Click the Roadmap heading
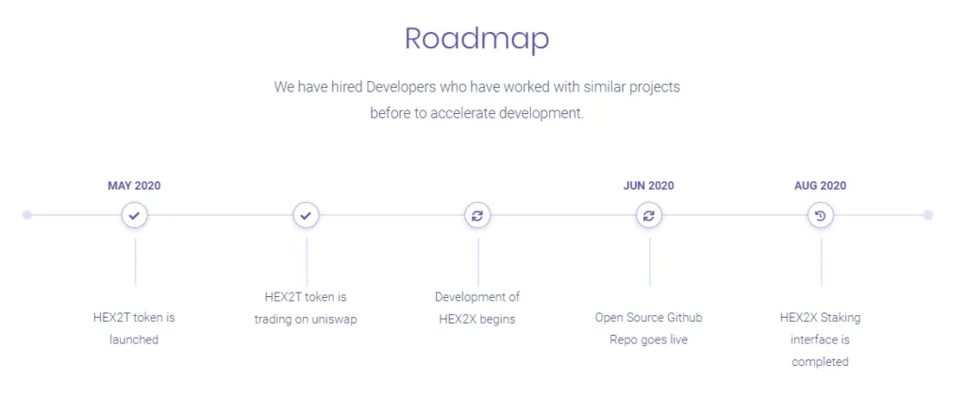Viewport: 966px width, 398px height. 476,39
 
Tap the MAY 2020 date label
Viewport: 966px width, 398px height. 134,186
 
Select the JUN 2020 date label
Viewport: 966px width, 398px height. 649,186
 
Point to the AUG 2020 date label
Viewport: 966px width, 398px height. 820,186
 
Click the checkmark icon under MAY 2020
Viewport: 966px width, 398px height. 134,216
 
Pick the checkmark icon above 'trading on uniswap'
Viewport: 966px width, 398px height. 306,216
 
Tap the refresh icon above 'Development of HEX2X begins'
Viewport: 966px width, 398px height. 477,216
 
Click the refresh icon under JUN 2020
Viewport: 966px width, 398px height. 649,216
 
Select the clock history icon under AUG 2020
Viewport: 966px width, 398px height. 820,216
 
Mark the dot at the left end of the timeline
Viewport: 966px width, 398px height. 26,215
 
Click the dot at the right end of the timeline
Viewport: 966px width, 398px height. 928,215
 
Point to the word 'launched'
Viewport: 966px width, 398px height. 134,340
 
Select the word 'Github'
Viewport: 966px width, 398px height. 685,318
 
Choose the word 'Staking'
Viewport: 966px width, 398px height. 841,318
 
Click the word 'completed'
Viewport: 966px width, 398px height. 820,361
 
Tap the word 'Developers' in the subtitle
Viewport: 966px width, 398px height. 400,86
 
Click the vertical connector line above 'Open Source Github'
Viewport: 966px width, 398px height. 649,262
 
